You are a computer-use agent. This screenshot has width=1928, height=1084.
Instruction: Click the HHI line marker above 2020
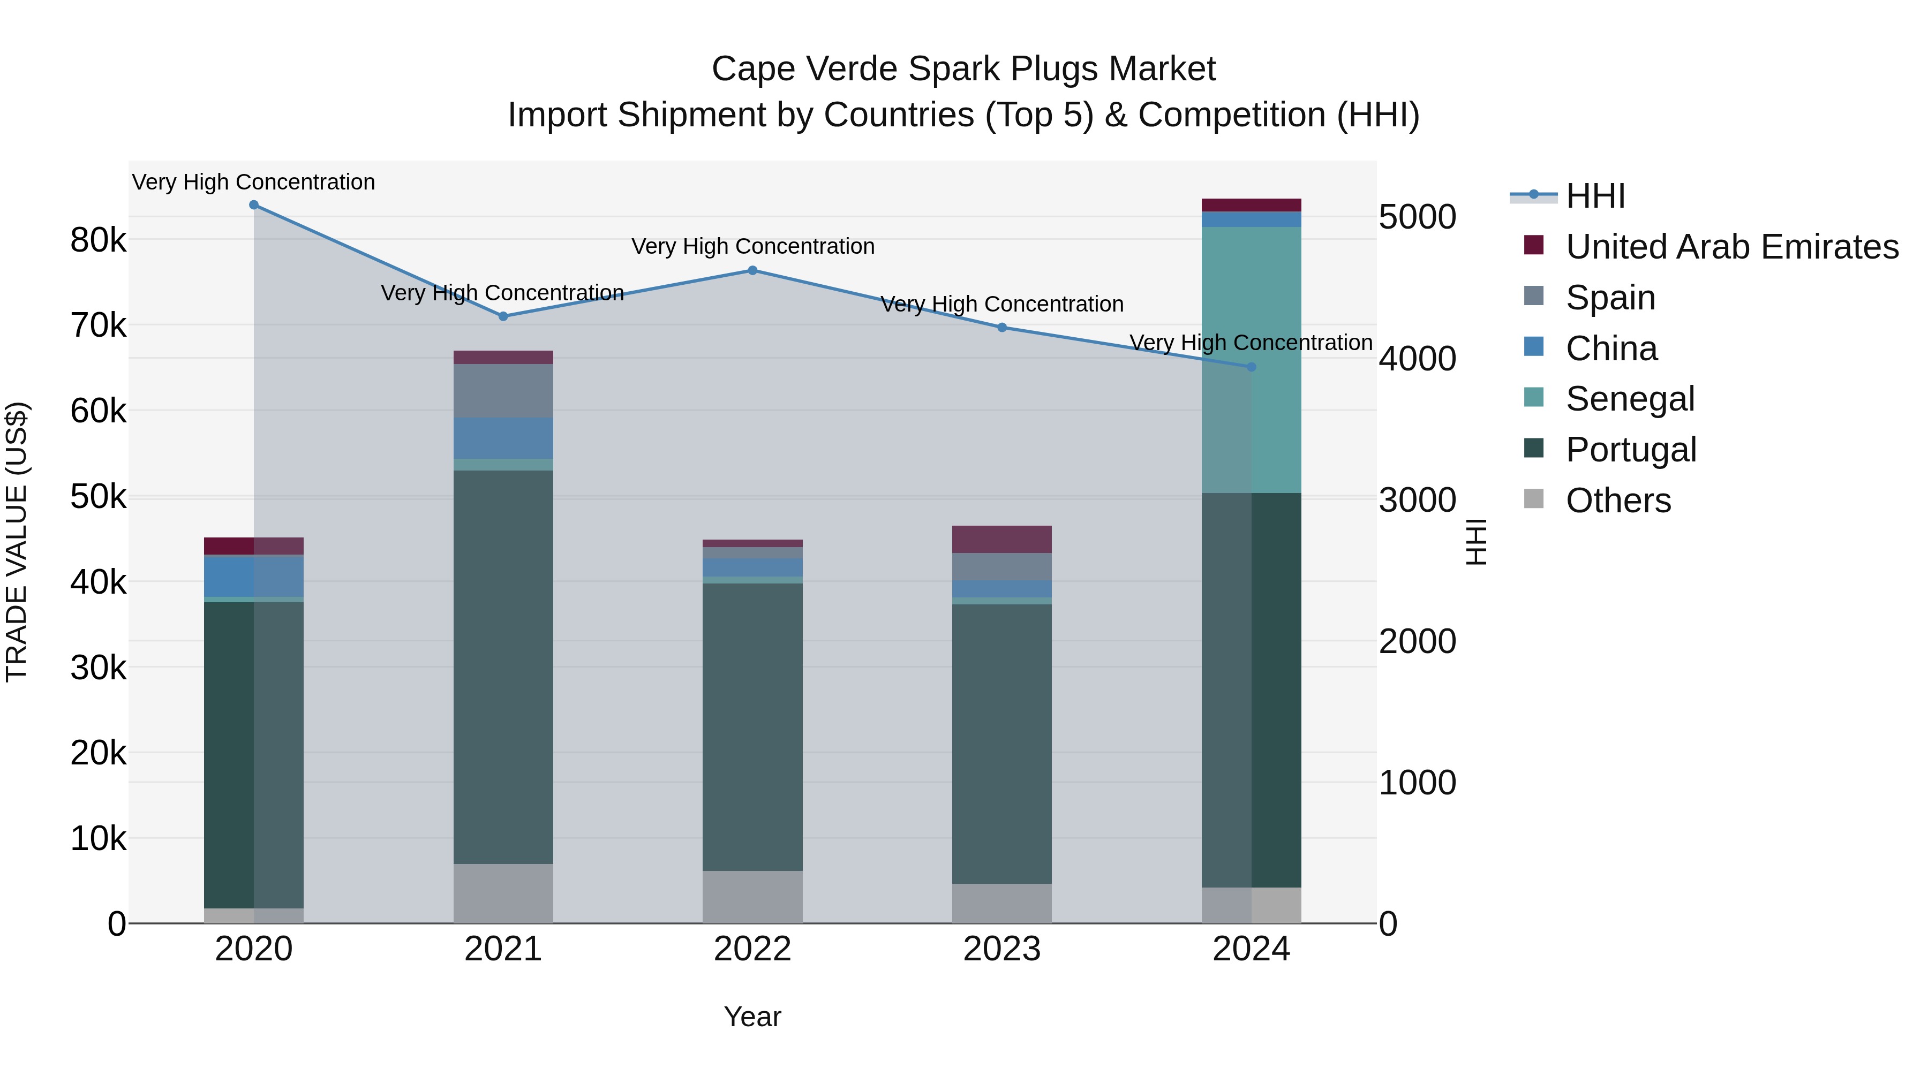[x=254, y=205]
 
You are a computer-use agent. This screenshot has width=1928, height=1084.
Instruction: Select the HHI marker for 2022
[x=752, y=271]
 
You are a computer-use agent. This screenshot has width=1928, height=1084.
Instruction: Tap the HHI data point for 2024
[x=1251, y=367]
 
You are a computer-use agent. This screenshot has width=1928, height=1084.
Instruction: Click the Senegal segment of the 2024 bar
[x=1251, y=359]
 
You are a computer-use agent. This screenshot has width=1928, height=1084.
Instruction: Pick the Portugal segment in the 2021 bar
[x=503, y=666]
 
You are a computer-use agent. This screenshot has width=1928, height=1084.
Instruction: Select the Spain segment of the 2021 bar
[x=503, y=391]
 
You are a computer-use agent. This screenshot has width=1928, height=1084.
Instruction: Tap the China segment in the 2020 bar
[x=254, y=576]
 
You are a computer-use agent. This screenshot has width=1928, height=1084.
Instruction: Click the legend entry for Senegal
[x=1629, y=399]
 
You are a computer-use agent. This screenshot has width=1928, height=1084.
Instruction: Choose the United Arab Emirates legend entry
[x=1731, y=247]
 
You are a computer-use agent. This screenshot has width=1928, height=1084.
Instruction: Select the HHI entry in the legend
[x=1594, y=196]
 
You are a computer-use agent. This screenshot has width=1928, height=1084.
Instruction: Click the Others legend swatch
[x=1534, y=499]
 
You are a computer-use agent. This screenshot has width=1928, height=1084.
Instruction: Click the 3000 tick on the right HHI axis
[x=1417, y=500]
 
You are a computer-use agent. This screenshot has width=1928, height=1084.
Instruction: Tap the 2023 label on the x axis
[x=1001, y=949]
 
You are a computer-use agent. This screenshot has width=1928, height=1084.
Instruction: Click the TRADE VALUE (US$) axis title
[x=17, y=542]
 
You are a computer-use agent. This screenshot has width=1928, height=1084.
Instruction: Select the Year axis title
[x=752, y=1017]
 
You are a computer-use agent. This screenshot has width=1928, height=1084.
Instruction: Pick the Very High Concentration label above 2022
[x=752, y=246]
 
